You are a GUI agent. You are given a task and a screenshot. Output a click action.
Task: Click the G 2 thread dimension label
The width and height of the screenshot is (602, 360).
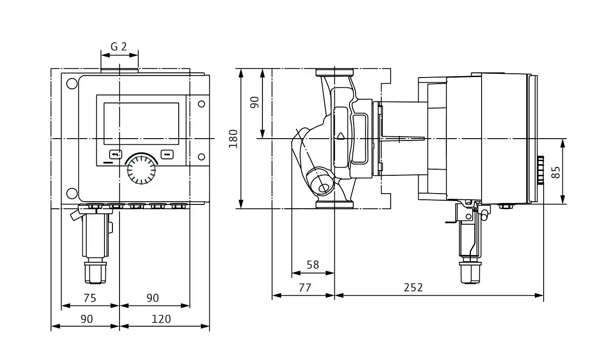[x=119, y=47]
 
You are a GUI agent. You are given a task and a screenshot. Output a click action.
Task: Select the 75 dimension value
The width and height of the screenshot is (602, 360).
[x=90, y=298]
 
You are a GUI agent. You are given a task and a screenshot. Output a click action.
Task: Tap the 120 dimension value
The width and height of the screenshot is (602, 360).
[x=161, y=319]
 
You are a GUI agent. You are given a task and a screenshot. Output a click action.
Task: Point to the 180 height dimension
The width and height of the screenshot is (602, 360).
[x=233, y=139]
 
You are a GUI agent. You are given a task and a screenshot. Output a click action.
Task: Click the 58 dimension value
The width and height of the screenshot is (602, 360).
[x=313, y=265]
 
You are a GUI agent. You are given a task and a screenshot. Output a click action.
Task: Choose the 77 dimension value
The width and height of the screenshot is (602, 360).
[x=305, y=288]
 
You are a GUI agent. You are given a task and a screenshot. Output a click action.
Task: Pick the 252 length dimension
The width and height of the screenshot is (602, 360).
[x=413, y=288]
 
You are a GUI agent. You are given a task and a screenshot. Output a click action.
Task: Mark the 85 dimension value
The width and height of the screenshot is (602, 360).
[x=556, y=172]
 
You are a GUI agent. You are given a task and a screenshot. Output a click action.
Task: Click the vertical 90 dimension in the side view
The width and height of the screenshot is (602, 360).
[x=254, y=102]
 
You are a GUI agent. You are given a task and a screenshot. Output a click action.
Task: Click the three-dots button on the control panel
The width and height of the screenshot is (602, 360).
[x=167, y=155]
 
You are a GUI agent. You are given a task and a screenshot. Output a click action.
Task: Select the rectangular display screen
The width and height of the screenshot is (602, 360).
[x=142, y=124]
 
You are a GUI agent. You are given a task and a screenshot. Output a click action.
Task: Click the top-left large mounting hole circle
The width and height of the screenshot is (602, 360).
[x=72, y=84]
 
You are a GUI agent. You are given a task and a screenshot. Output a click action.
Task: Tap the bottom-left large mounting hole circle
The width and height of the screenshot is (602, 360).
[x=72, y=194]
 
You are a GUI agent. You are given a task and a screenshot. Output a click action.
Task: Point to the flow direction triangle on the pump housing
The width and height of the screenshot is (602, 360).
[x=341, y=136]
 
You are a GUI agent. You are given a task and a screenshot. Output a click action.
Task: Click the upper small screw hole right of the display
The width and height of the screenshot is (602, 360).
[x=201, y=104]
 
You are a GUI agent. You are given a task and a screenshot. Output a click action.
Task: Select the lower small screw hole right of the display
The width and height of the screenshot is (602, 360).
[x=201, y=157]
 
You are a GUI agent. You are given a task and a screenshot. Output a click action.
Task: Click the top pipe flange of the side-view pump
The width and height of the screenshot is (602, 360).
[x=334, y=72]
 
